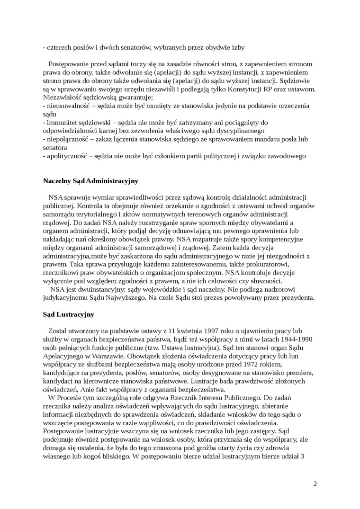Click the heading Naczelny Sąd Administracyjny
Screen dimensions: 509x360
[90, 180]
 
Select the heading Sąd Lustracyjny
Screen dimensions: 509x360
[68, 314]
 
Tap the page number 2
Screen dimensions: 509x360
[315, 483]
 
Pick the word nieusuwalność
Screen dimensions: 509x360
[68, 106]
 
